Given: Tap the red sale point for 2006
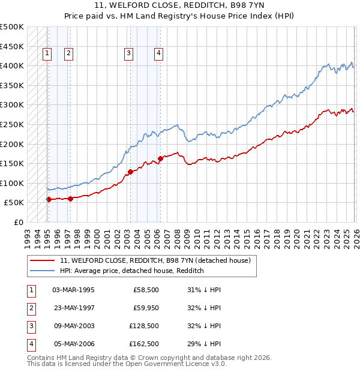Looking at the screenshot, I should [160, 159].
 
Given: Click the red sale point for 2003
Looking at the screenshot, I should [130, 172].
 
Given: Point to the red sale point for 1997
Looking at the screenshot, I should [70, 199].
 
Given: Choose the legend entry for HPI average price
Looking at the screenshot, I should [132, 271].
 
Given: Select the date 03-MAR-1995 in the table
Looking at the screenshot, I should [73, 290].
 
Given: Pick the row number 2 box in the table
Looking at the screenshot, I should [30, 308].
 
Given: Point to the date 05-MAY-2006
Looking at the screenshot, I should [73, 344].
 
